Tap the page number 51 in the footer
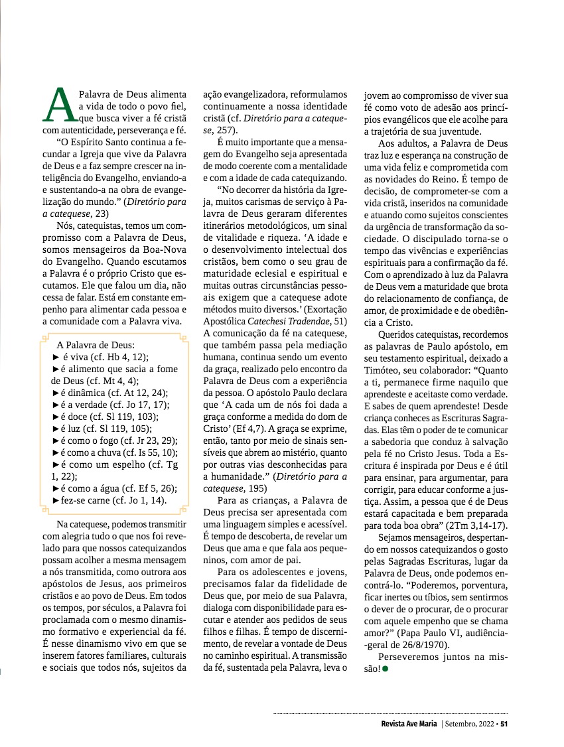(504, 724)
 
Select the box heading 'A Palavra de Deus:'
(96, 345)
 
